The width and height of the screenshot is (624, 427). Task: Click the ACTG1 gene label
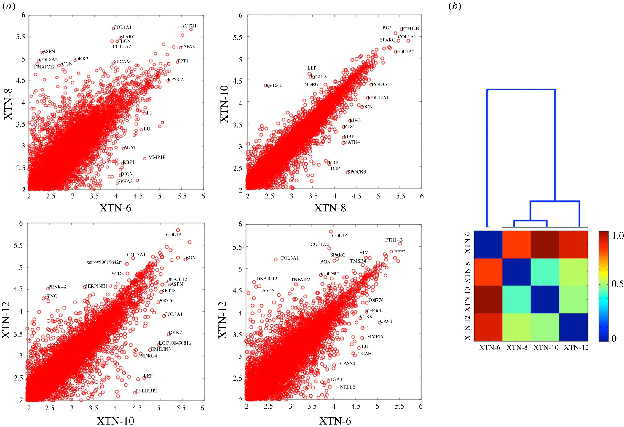tap(189, 26)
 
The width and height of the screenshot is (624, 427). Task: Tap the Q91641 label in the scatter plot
tap(274, 85)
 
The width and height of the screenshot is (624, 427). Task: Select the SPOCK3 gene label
tap(357, 172)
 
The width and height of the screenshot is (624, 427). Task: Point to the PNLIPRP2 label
tap(147, 391)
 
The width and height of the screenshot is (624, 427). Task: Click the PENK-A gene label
tap(58, 287)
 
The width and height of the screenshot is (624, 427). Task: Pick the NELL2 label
tap(347, 387)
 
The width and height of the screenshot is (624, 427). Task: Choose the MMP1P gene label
tap(157, 157)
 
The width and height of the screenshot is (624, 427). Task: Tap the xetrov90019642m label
tap(105, 262)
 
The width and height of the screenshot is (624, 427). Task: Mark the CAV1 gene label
tap(386, 321)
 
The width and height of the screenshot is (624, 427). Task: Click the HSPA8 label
tap(188, 47)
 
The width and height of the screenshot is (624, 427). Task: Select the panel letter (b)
tap(455, 6)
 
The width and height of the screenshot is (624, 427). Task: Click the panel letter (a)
tap(9, 6)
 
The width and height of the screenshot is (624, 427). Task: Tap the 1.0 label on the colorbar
tap(618, 236)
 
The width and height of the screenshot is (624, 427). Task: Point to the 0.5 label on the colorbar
tap(618, 284)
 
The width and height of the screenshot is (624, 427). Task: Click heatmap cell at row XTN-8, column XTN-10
tap(545, 272)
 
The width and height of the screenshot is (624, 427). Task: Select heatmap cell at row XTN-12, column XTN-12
tap(573, 327)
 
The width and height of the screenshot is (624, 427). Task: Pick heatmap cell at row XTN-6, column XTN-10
tap(545, 245)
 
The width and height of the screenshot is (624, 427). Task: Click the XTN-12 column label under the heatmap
tap(576, 348)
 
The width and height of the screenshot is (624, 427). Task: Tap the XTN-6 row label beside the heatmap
tap(467, 243)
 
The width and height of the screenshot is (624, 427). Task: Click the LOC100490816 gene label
tap(175, 343)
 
